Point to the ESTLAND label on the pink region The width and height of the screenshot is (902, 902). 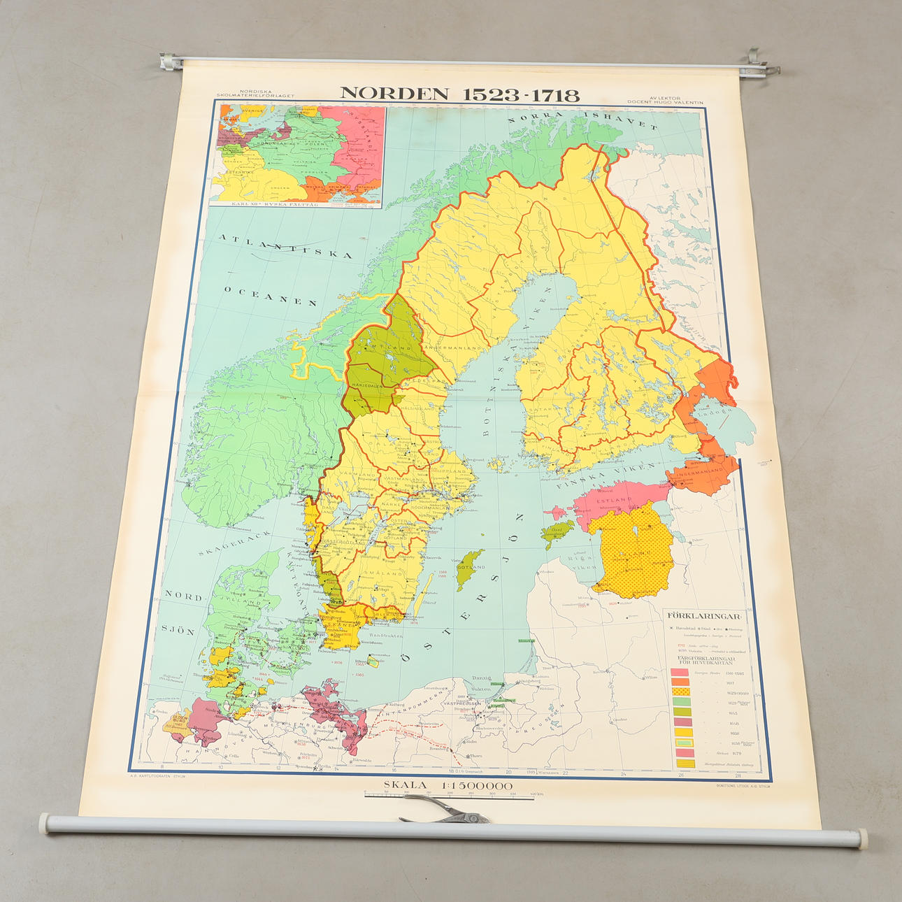tap(614, 501)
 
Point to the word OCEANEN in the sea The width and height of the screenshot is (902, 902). tap(271, 295)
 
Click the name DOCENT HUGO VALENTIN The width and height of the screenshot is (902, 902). tap(665, 103)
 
